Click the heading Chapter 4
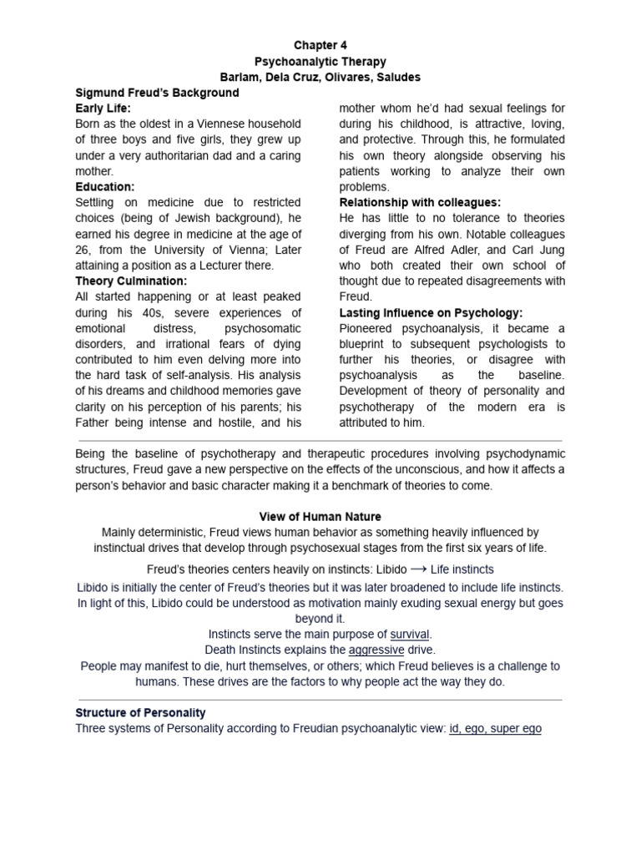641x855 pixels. (x=320, y=45)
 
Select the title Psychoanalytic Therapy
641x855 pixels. (x=320, y=61)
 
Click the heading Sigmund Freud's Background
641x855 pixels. (x=157, y=93)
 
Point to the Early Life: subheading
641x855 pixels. (x=103, y=109)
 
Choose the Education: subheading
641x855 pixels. (x=105, y=187)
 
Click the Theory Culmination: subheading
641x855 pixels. (x=131, y=281)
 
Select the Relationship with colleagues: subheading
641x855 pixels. (x=420, y=203)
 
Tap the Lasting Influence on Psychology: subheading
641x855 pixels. (x=431, y=312)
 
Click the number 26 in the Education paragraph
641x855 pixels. (x=83, y=250)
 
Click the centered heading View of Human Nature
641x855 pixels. (x=320, y=517)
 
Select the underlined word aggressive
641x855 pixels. (x=376, y=650)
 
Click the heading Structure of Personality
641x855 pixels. (x=140, y=713)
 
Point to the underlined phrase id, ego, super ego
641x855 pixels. (x=495, y=729)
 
